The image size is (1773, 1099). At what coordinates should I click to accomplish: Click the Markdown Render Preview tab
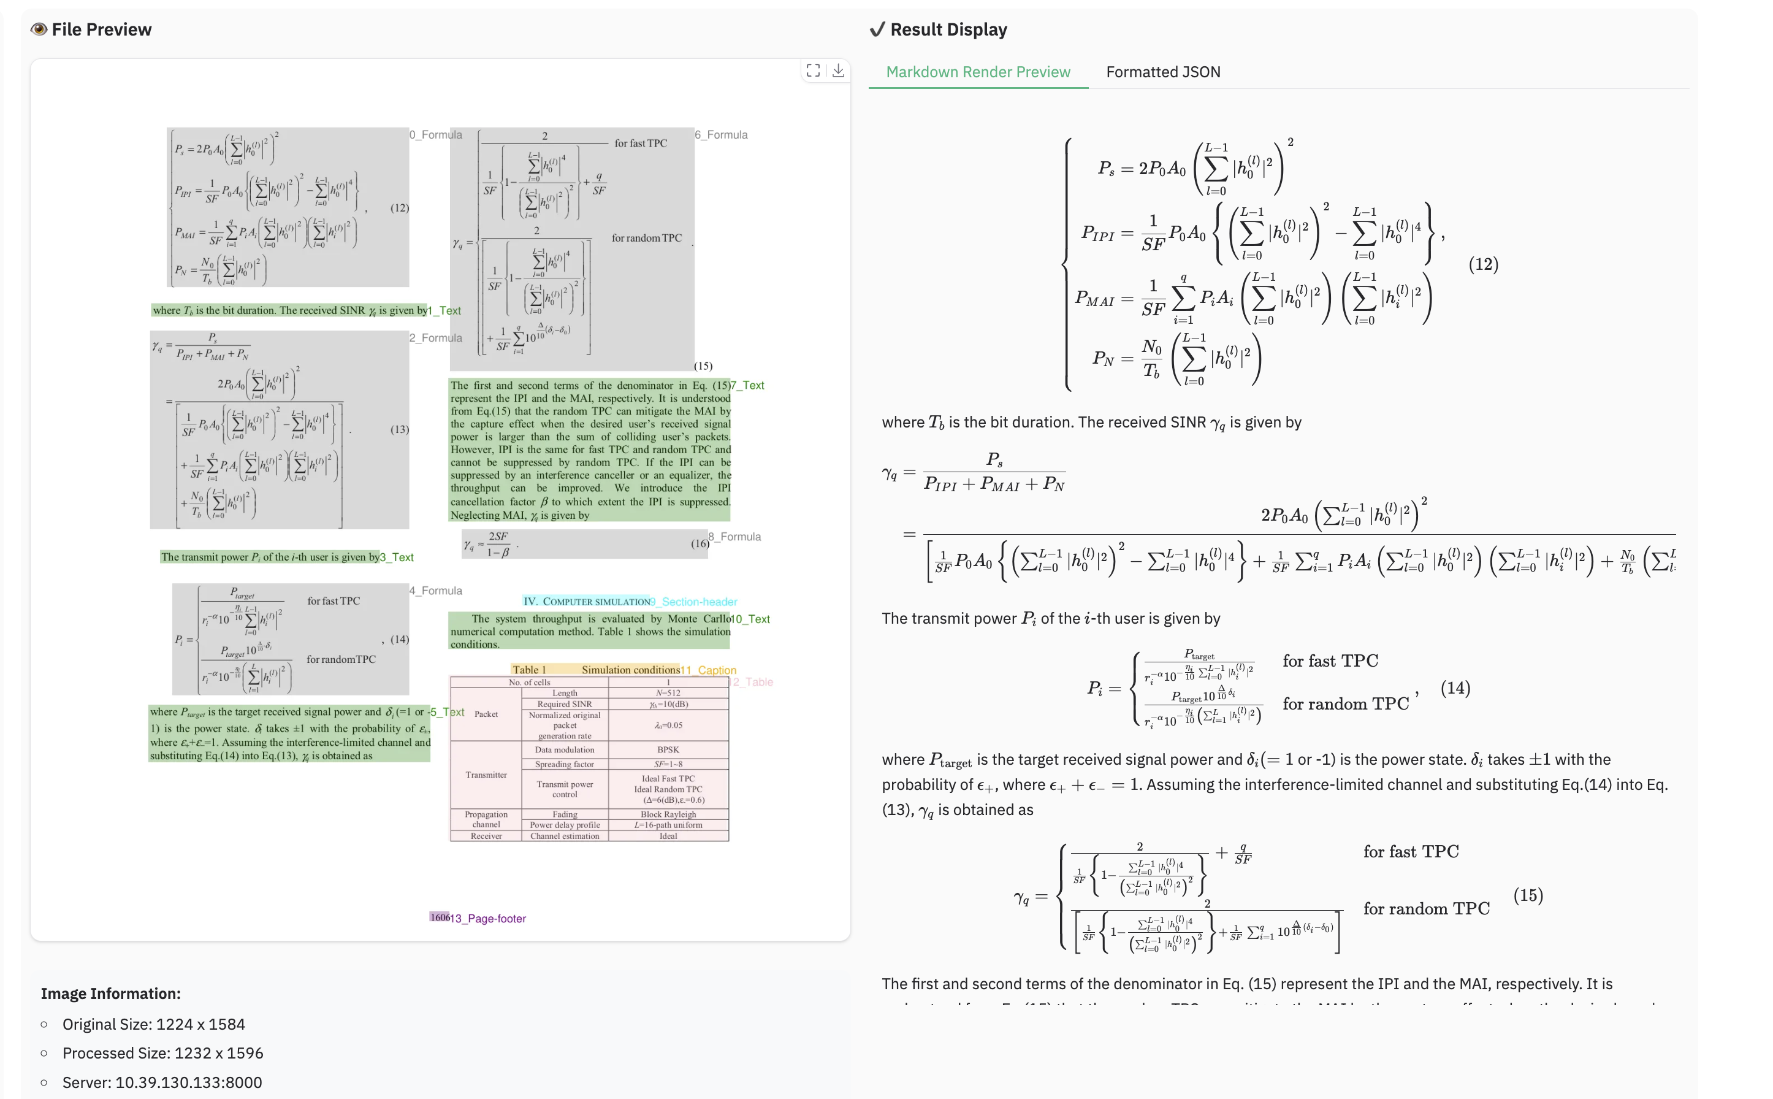pyautogui.click(x=977, y=72)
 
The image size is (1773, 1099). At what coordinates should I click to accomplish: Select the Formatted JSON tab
pyautogui.click(x=1162, y=72)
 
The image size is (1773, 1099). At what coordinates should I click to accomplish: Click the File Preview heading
pyautogui.click(x=101, y=30)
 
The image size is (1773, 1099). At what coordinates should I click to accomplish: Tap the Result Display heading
pyautogui.click(x=948, y=30)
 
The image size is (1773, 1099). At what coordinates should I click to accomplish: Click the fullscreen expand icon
pyautogui.click(x=813, y=71)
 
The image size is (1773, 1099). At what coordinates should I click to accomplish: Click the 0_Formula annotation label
pyautogui.click(x=435, y=134)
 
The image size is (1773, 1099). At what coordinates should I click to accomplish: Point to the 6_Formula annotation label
pyautogui.click(x=721, y=134)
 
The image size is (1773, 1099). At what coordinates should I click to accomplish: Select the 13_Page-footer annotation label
pyautogui.click(x=487, y=919)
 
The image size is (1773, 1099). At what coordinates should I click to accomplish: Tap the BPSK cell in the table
pyautogui.click(x=668, y=749)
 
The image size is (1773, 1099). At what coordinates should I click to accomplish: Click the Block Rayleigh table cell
pyautogui.click(x=668, y=814)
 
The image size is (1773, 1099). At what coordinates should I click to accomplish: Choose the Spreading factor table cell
pyautogui.click(x=565, y=764)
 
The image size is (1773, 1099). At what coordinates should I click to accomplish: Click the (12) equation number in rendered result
pyautogui.click(x=1483, y=264)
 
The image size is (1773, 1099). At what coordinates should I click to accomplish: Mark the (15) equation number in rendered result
pyautogui.click(x=1527, y=895)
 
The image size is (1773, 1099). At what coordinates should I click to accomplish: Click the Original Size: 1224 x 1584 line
pyautogui.click(x=153, y=1024)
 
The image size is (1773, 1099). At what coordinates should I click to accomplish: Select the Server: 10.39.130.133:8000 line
pyautogui.click(x=162, y=1082)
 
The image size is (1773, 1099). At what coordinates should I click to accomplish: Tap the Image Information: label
pyautogui.click(x=110, y=994)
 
